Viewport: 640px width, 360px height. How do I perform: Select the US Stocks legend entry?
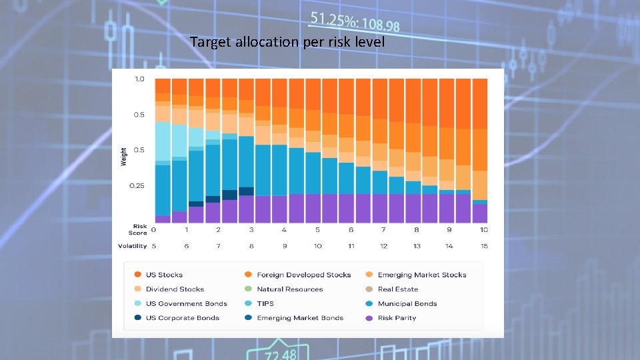pyautogui.click(x=164, y=275)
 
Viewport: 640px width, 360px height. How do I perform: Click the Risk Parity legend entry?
pyautogui.click(x=396, y=318)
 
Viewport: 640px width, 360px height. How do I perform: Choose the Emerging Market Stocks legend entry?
pyautogui.click(x=421, y=275)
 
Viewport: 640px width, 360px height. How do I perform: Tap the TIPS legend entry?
pyautogui.click(x=265, y=303)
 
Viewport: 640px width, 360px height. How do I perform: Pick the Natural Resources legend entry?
pyautogui.click(x=289, y=289)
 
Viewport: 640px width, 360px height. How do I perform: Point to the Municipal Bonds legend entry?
pyautogui.click(x=407, y=303)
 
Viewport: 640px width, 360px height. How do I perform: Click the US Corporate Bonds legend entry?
pyautogui.click(x=182, y=318)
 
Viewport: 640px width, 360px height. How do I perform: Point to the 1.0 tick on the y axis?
pyautogui.click(x=139, y=79)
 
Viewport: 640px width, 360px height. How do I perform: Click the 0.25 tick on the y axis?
pyautogui.click(x=137, y=185)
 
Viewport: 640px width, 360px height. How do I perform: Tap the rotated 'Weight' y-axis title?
pyautogui.click(x=123, y=157)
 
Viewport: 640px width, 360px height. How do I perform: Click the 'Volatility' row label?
pyautogui.click(x=132, y=246)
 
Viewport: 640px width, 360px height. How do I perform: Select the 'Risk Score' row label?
pyautogui.click(x=139, y=229)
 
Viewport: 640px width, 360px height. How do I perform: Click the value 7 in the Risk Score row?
pyautogui.click(x=383, y=230)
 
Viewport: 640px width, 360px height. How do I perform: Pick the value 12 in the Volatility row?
pyautogui.click(x=383, y=246)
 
